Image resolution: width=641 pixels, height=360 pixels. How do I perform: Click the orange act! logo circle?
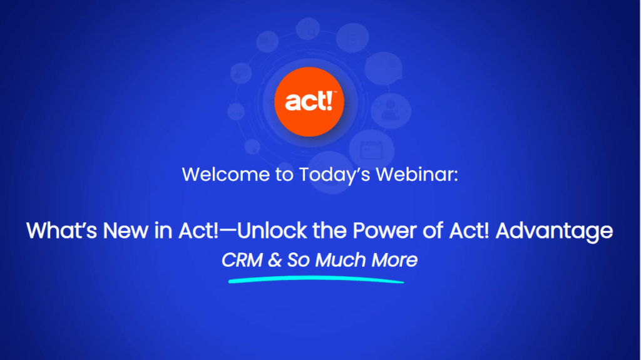(309, 102)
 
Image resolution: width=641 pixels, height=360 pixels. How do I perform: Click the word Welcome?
(226, 174)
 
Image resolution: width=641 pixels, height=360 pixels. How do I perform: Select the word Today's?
(334, 174)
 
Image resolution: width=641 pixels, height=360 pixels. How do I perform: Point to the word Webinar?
(417, 174)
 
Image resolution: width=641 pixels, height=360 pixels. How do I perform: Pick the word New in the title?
(126, 230)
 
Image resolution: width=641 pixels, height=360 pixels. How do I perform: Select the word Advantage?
(555, 231)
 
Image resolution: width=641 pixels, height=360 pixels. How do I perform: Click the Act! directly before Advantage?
(469, 230)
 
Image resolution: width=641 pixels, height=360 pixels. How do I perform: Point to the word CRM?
(242, 260)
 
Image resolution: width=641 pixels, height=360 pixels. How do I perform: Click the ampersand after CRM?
(275, 260)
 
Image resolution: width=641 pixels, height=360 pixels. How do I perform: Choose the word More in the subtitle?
(394, 260)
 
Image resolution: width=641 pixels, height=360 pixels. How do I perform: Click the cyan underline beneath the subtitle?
(316, 279)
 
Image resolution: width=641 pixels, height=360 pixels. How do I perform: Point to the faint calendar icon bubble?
(372, 150)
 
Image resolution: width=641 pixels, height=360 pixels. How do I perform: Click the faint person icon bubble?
(391, 111)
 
